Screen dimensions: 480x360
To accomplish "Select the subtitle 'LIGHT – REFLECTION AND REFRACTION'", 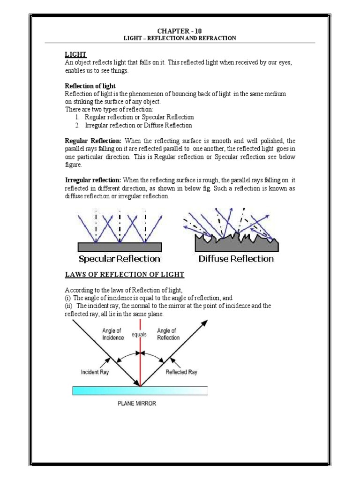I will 180,37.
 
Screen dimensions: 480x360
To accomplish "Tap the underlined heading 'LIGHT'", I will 76,55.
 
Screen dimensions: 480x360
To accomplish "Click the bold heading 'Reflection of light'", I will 90,86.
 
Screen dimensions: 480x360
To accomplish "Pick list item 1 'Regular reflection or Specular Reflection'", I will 139,117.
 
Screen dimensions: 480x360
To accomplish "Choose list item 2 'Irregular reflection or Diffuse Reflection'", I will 138,126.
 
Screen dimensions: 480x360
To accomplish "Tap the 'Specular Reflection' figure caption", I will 120,259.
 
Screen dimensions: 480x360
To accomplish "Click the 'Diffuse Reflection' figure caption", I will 236,259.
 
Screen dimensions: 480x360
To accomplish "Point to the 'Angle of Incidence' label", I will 113,334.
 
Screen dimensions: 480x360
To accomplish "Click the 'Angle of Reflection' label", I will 168,334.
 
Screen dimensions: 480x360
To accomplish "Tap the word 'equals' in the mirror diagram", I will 140,335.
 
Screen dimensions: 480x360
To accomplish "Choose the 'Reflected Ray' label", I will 182,372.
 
